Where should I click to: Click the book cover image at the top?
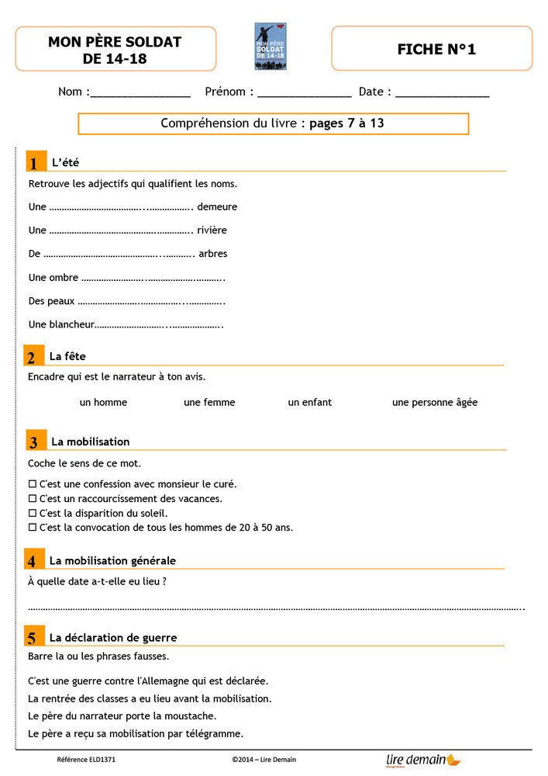(x=271, y=47)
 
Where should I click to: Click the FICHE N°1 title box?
(x=432, y=49)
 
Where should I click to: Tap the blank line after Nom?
(x=140, y=93)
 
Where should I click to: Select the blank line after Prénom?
(x=305, y=93)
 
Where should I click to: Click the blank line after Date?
(x=443, y=93)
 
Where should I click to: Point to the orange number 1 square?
(x=33, y=162)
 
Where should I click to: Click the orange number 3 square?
(x=33, y=442)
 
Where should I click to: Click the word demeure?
(x=217, y=207)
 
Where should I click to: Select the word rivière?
(x=212, y=230)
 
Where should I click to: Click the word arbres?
(x=213, y=254)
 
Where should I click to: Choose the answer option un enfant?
(x=309, y=403)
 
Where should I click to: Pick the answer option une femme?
(x=209, y=403)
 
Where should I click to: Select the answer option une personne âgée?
(x=434, y=403)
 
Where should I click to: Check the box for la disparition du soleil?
(x=33, y=514)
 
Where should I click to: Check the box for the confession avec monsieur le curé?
(x=33, y=484)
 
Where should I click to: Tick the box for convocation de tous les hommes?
(x=33, y=528)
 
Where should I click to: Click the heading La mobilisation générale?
(x=112, y=560)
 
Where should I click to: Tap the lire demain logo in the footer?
(x=422, y=760)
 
